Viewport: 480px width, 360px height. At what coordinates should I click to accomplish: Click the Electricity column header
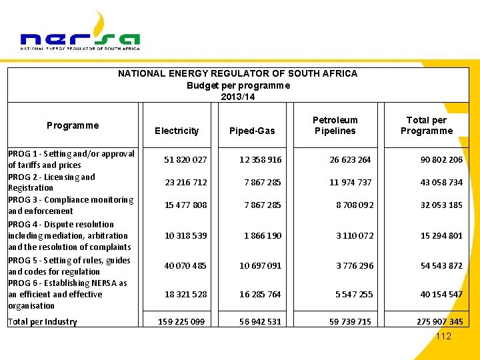pos(177,131)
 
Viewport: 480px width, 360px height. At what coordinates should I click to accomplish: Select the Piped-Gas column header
pos(252,131)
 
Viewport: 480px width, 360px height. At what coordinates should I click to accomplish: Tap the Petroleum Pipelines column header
pos(335,125)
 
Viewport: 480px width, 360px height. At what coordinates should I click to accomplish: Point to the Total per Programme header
pos(427,125)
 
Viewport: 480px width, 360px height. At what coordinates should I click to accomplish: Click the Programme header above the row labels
pos(73,125)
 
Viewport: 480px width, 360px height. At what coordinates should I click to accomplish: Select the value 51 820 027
pos(186,160)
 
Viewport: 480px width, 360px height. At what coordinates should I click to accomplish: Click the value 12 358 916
pos(261,160)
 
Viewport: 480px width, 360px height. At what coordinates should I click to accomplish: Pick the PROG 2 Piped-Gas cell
pos(263,183)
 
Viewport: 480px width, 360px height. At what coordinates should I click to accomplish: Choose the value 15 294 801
pos(441,236)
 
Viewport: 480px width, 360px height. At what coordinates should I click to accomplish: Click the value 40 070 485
pos(186,266)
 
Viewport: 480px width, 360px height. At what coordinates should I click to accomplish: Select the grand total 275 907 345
pos(440,322)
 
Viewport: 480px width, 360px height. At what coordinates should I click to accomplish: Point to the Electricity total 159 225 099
pos(181,322)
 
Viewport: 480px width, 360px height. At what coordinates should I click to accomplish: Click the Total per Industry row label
pos(42,322)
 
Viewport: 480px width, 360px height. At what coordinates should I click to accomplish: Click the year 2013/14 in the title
pos(238,97)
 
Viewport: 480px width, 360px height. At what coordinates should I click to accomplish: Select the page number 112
pos(443,336)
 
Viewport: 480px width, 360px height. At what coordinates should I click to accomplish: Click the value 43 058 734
pos(441,183)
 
